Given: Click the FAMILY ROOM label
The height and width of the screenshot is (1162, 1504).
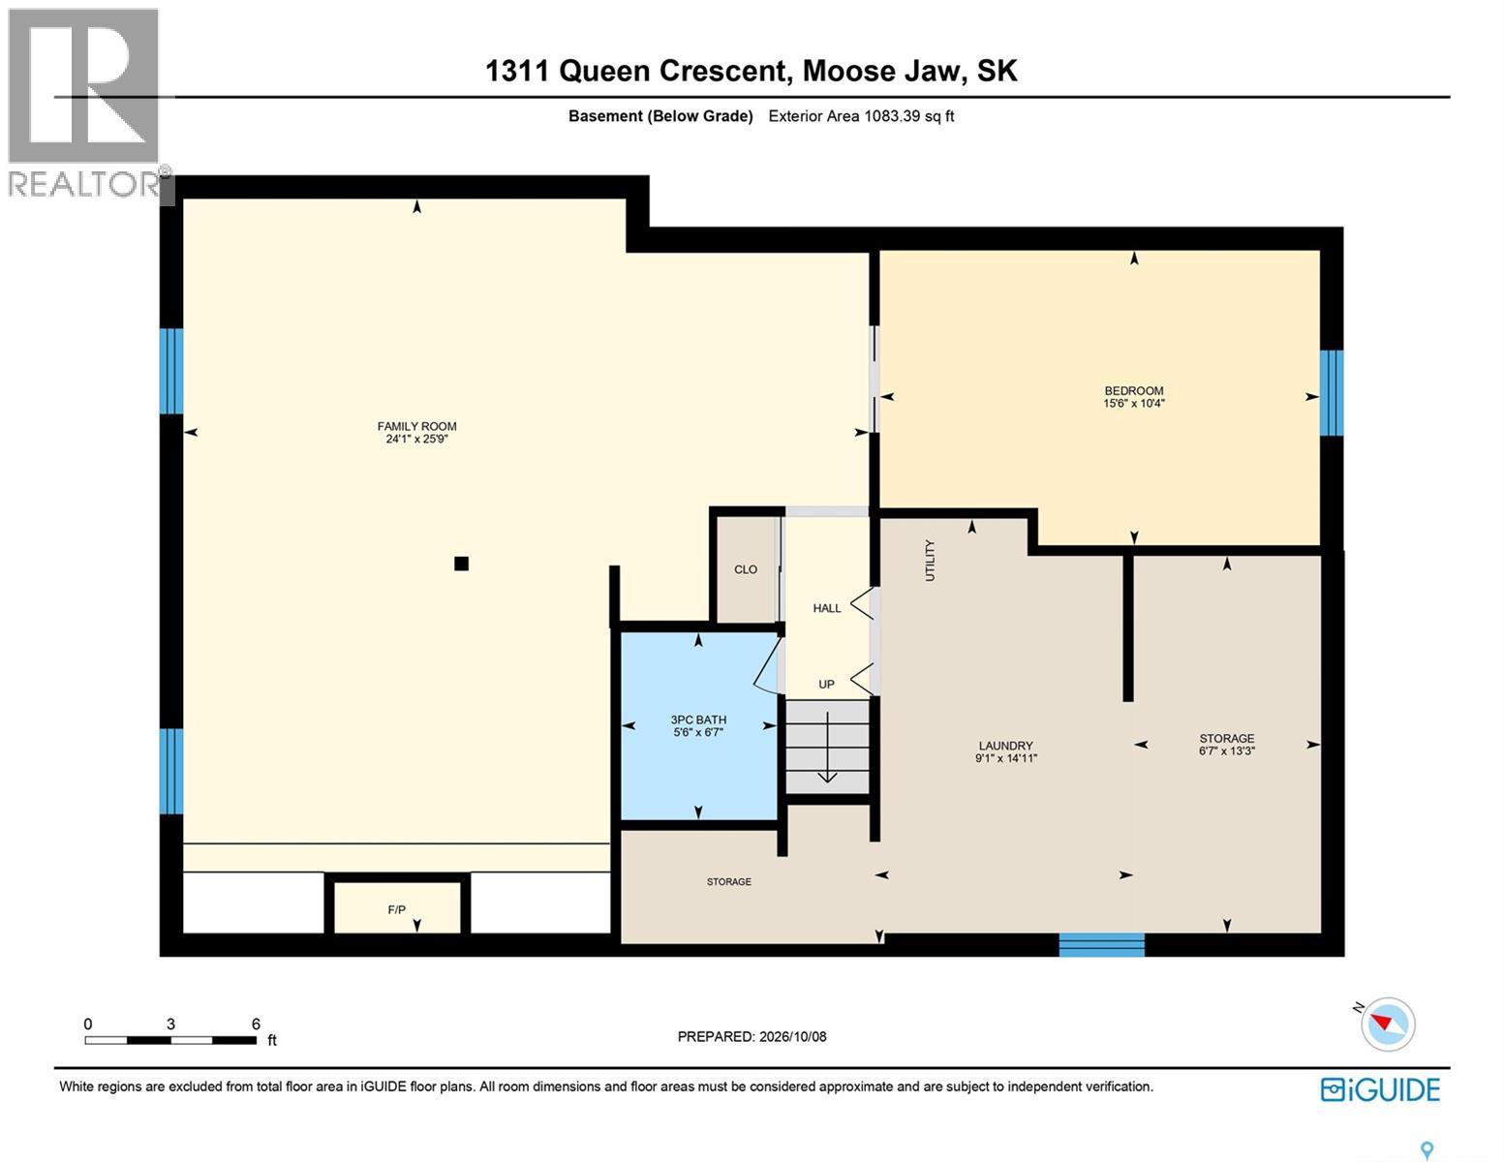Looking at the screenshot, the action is coord(416,426).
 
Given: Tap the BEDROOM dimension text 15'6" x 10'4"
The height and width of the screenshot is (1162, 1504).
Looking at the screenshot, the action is coord(1134,403).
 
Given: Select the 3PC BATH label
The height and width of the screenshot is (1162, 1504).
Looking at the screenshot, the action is coord(698,719).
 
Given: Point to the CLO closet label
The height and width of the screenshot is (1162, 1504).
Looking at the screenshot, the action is coord(746,569).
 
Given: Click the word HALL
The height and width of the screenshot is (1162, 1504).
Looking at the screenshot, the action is coord(826,608).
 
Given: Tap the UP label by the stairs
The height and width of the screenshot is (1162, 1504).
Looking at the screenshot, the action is coord(826,685).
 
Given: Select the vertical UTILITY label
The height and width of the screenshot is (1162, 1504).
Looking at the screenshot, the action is coord(930,561).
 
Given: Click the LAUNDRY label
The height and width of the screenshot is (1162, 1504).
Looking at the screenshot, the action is coord(1005,746).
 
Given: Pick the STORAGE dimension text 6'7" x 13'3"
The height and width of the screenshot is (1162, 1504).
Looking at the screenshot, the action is coord(1226,750).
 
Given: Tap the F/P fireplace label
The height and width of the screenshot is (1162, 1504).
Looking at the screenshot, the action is coord(397,909).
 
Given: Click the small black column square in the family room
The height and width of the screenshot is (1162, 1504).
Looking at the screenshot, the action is coord(462,564).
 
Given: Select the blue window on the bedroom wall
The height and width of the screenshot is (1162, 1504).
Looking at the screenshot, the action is coord(1332,393).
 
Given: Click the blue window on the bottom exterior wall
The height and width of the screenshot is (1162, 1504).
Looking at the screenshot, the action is coord(1101,945).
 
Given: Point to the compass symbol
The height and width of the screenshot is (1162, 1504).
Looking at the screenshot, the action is coord(1387,1024).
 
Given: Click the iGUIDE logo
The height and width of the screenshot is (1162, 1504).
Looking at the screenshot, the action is coord(1380,1090).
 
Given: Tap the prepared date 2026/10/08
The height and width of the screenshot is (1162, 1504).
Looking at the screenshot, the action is coord(792,1036).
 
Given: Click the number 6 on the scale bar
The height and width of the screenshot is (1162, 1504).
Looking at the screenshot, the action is coord(256,1024).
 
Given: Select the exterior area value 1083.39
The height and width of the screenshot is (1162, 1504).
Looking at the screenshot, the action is coord(892,115).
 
